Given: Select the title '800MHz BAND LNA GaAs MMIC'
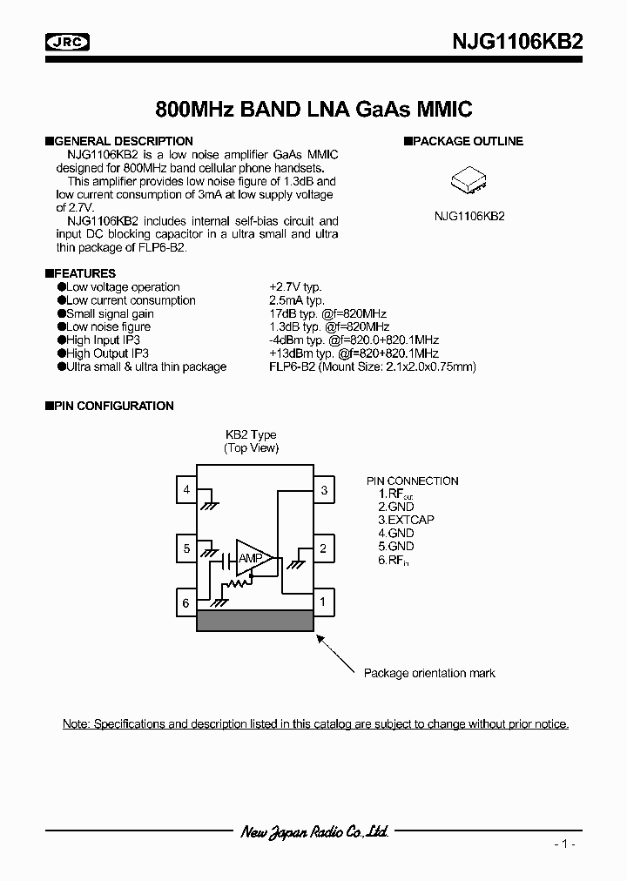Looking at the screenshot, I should click(313, 110).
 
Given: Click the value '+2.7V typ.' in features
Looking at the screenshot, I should click(297, 287).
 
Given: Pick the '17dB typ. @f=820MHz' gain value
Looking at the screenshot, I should click(327, 313).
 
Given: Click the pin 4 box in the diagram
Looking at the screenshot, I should click(186, 490).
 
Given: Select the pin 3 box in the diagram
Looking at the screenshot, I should click(323, 490).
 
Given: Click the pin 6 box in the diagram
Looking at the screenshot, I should click(186, 602).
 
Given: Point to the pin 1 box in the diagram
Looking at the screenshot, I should click(323, 601).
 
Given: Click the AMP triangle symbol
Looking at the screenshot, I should click(252, 558).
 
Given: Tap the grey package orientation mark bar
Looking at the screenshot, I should click(254, 620).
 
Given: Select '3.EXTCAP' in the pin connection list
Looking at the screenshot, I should click(406, 520).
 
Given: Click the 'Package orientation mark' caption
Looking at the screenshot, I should click(429, 673).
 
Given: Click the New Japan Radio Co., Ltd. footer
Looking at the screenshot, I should click(313, 832).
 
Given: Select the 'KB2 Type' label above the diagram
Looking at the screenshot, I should click(251, 435).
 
